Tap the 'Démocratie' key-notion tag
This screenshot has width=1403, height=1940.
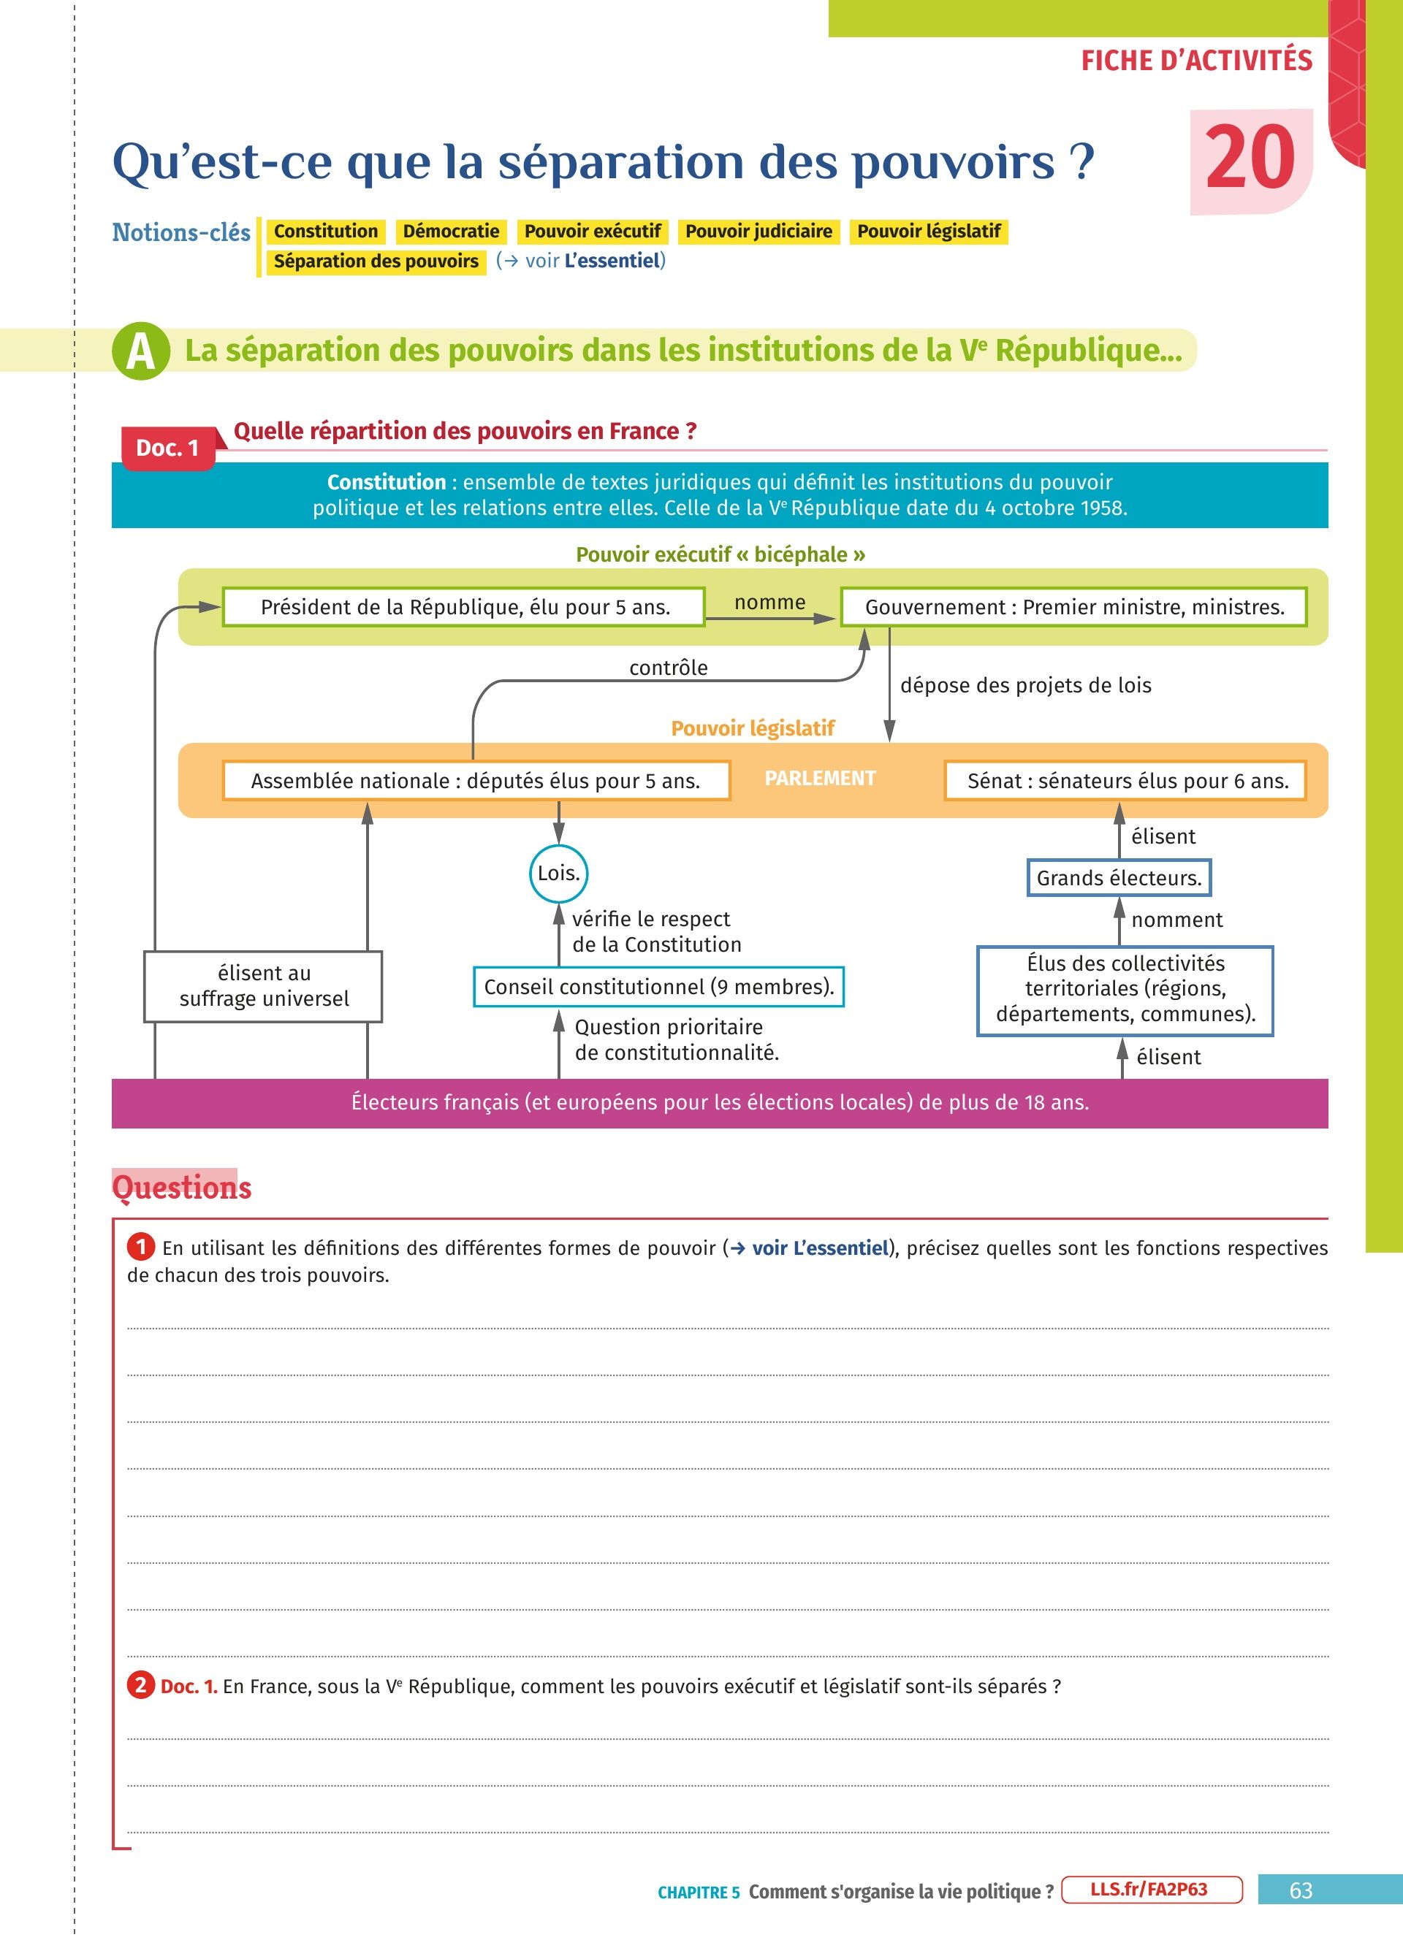point(451,231)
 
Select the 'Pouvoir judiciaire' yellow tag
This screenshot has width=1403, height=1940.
point(758,231)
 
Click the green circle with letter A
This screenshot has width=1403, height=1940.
point(140,351)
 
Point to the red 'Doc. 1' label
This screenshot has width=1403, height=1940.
point(167,447)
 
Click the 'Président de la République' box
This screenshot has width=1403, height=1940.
point(464,606)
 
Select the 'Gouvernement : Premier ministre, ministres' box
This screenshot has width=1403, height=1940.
point(1073,606)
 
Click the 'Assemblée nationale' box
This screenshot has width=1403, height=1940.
point(476,780)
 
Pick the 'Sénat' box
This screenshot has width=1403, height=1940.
point(1126,780)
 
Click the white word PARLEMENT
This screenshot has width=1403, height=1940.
point(820,778)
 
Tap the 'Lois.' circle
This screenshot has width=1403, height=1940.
point(558,874)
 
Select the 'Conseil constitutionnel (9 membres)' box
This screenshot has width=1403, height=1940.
point(658,986)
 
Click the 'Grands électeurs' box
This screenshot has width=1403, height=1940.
point(1119,878)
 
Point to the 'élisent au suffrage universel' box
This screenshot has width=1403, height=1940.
point(264,985)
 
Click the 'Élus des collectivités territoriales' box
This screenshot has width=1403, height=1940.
point(1125,989)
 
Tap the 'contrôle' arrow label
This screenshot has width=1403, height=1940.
point(668,667)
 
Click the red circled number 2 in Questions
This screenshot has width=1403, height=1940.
point(141,1685)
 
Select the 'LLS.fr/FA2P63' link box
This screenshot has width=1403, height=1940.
point(1152,1890)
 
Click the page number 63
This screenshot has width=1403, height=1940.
point(1301,1890)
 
